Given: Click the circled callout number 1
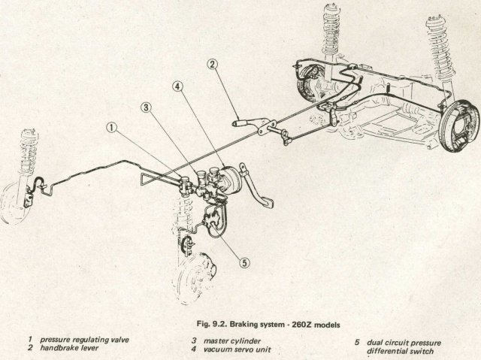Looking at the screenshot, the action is [112, 128].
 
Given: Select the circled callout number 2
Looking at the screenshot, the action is [213, 65].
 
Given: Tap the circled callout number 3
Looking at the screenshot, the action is [146, 107].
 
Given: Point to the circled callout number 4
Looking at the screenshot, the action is [177, 86].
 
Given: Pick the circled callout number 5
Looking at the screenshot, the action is [244, 263].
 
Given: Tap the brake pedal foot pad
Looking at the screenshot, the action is [265, 204].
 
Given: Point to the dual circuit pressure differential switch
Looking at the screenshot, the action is [210, 219].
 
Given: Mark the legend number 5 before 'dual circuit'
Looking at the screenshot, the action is [357, 343].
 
